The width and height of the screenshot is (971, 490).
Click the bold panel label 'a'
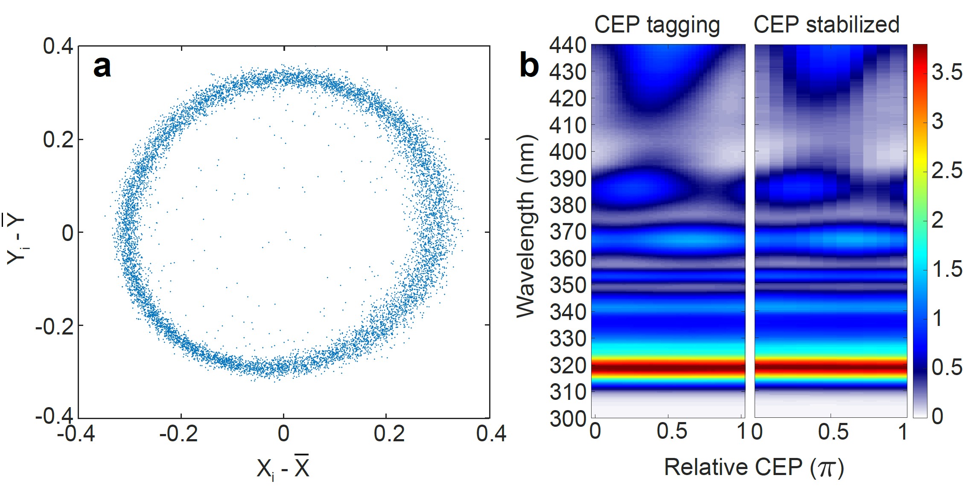(102, 67)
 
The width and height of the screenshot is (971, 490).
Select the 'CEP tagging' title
(657, 25)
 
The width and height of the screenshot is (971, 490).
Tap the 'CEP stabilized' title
(826, 24)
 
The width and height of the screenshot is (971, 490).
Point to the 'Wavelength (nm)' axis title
(526, 226)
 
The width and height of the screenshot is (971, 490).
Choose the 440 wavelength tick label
(568, 45)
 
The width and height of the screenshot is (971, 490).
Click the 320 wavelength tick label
(568, 366)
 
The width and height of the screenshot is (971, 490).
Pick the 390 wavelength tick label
(568, 179)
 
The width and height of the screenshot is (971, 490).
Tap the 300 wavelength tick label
(568, 419)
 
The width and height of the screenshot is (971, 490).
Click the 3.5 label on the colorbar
(947, 72)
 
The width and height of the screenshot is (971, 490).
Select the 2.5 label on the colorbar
(947, 170)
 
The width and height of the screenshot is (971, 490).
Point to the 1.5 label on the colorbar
(947, 269)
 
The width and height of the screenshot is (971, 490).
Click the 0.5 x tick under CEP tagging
(672, 431)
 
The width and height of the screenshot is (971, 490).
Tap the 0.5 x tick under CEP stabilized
(833, 431)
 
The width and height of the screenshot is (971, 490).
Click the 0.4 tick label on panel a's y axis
(58, 46)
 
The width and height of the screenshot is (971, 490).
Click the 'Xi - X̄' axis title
(283, 468)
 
